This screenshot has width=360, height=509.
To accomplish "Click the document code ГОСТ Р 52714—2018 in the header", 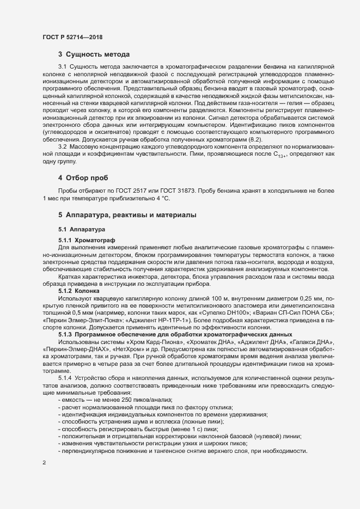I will tap(72, 37).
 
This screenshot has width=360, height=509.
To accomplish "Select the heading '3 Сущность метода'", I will tap(94, 54).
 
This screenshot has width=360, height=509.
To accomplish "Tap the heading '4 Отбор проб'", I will tap(83, 178).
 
